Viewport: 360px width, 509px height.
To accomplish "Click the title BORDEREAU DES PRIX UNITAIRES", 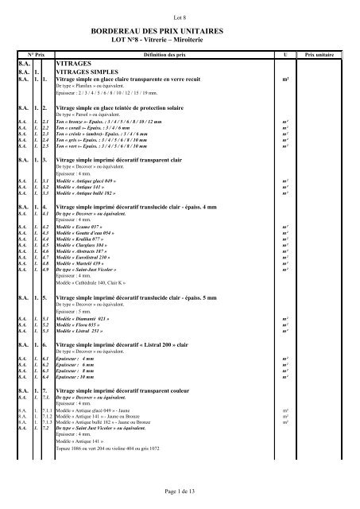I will coord(180,29).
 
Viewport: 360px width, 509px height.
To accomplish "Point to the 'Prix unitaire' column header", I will coord(320,55).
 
